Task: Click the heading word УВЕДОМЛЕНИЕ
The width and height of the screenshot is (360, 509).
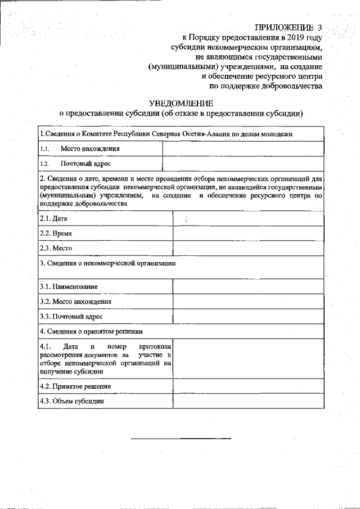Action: pyautogui.click(x=181, y=103)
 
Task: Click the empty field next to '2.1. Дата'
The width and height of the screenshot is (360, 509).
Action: pyautogui.click(x=248, y=218)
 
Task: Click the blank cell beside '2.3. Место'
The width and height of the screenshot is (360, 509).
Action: pyautogui.click(x=248, y=248)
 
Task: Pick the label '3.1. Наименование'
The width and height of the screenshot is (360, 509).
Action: pyautogui.click(x=69, y=287)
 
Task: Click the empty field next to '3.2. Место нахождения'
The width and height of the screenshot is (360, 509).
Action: pyautogui.click(x=248, y=301)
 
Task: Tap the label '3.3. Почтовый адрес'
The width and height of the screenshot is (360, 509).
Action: pyautogui.click(x=71, y=317)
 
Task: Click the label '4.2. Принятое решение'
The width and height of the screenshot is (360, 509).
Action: pyautogui.click(x=75, y=386)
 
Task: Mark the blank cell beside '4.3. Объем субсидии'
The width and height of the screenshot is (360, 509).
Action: pyautogui.click(x=248, y=402)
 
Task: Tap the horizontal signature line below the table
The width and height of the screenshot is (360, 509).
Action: pyautogui.click(x=181, y=438)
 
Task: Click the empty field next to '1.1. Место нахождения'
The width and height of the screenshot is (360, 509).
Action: pyautogui.click(x=243, y=149)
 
